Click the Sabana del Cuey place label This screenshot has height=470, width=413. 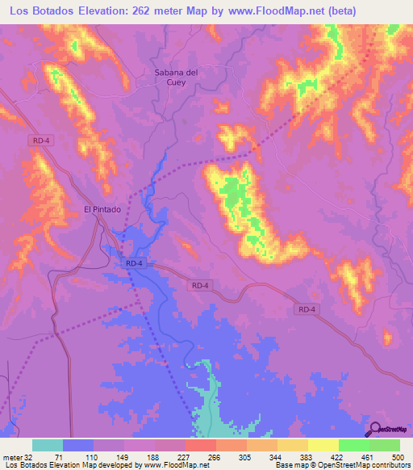[176, 77]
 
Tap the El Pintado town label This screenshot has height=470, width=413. [102, 209]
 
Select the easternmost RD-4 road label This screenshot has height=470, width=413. [306, 309]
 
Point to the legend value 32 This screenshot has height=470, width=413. [29, 456]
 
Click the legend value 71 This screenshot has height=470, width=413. [57, 456]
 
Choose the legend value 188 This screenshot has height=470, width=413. [152, 456]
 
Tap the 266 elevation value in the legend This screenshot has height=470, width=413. [215, 456]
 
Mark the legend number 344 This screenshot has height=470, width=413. [277, 456]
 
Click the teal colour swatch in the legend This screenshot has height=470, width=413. [47, 445]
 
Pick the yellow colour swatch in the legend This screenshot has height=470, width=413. [323, 445]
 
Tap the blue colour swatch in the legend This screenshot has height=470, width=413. [78, 445]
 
